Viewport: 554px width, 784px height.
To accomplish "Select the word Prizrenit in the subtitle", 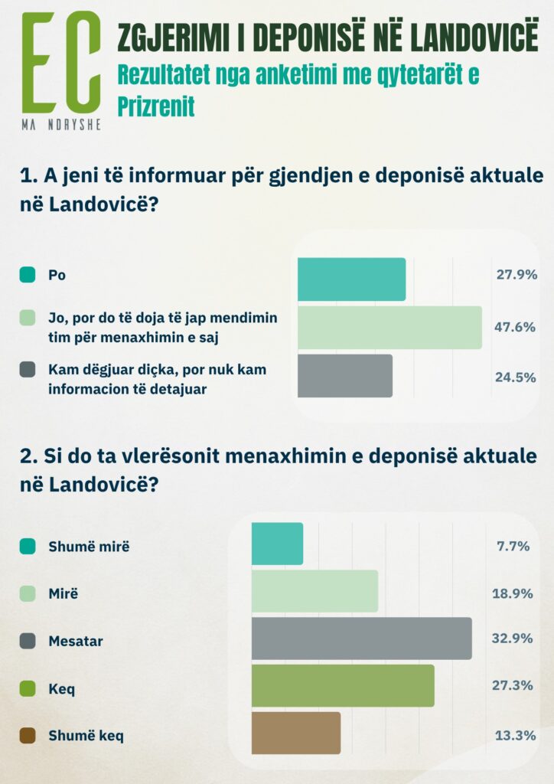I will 156,106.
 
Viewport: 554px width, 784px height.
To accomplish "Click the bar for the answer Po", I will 351,279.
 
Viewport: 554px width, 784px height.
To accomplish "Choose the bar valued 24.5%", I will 344,375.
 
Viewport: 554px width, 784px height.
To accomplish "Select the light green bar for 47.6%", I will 389,328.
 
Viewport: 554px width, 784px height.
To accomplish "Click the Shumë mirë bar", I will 277,544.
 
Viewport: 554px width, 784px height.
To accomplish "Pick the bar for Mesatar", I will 361,638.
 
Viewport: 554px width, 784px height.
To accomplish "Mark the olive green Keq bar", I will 343,685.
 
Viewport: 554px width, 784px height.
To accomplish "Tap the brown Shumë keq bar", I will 295,733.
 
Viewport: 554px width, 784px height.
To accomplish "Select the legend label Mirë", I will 64,594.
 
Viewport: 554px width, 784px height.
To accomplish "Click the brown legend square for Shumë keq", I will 28,736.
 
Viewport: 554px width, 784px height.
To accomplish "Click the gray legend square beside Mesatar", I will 28,641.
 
